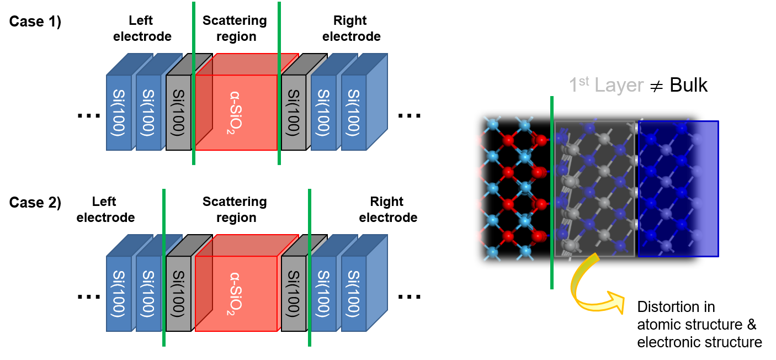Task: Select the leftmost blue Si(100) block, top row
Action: coord(118,112)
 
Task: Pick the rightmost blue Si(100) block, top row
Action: coord(354,112)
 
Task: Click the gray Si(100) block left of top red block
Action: coord(178,112)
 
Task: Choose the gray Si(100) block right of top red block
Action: coord(293,112)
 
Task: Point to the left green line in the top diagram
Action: coord(194,83)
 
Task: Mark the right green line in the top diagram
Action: coord(279,83)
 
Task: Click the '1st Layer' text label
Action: coord(606,85)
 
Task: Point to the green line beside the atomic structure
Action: coord(552,193)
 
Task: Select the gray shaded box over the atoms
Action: coord(594,188)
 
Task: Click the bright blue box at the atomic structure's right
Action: coord(678,188)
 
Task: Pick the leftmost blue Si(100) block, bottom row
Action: coord(118,293)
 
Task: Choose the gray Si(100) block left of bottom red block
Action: coord(178,293)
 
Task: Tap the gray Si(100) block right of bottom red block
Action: coord(293,293)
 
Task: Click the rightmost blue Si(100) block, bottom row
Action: coord(354,293)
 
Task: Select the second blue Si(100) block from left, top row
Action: coord(148,112)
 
